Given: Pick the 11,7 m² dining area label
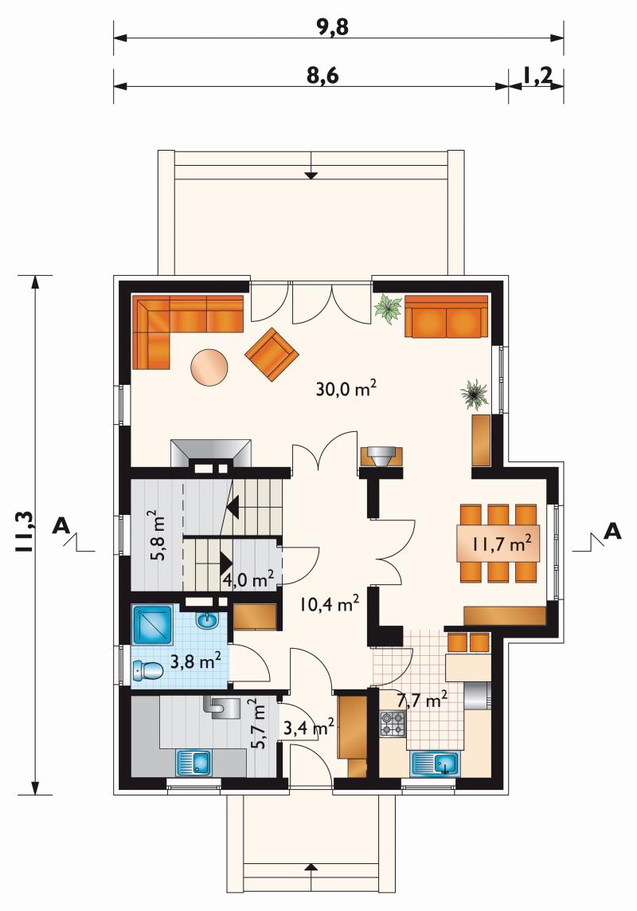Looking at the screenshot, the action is pyautogui.click(x=502, y=544).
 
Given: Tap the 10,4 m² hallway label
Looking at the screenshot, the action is pyautogui.click(x=329, y=604).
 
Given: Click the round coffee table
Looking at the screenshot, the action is pyautogui.click(x=209, y=366).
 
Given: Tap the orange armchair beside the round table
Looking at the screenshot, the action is pyautogui.click(x=272, y=355).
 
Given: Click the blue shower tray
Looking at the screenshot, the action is pyautogui.click(x=153, y=625).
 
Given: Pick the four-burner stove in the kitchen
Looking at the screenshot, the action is pyautogui.click(x=393, y=724).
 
